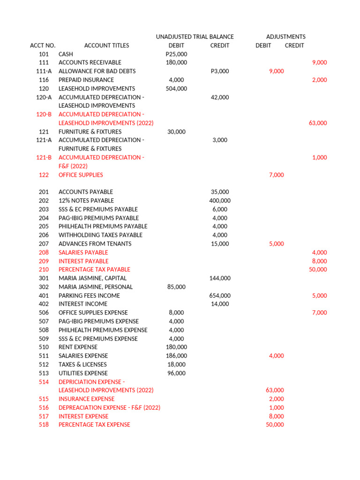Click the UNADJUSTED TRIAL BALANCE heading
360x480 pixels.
pyautogui.click(x=195, y=37)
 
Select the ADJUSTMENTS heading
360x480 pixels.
pyautogui.click(x=285, y=37)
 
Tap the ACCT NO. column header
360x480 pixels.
pyautogui.click(x=43, y=45)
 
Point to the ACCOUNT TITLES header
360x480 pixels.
pyautogui.click(x=106, y=45)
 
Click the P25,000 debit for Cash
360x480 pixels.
pyautogui.click(x=176, y=54)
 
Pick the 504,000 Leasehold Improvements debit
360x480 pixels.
pyautogui.click(x=176, y=89)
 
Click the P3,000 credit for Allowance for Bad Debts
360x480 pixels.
pyautogui.click(x=220, y=71)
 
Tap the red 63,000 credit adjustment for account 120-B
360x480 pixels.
pyautogui.click(x=318, y=123)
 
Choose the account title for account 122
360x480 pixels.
pyautogui.click(x=81, y=175)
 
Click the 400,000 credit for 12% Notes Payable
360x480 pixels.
pyautogui.click(x=220, y=201)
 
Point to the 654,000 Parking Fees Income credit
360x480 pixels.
pyautogui.click(x=220, y=296)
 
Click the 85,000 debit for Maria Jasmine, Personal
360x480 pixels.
pyautogui.click(x=176, y=287)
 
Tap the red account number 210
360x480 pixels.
pyautogui.click(x=44, y=270)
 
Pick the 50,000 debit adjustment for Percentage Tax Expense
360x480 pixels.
pyautogui.click(x=275, y=425)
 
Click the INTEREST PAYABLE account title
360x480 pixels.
pyautogui.click(x=83, y=261)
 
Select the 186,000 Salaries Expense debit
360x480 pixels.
pyautogui.click(x=176, y=356)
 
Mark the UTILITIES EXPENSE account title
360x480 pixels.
pyautogui.click(x=82, y=373)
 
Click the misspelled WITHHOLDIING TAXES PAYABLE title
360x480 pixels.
pyautogui.click(x=100, y=235)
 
